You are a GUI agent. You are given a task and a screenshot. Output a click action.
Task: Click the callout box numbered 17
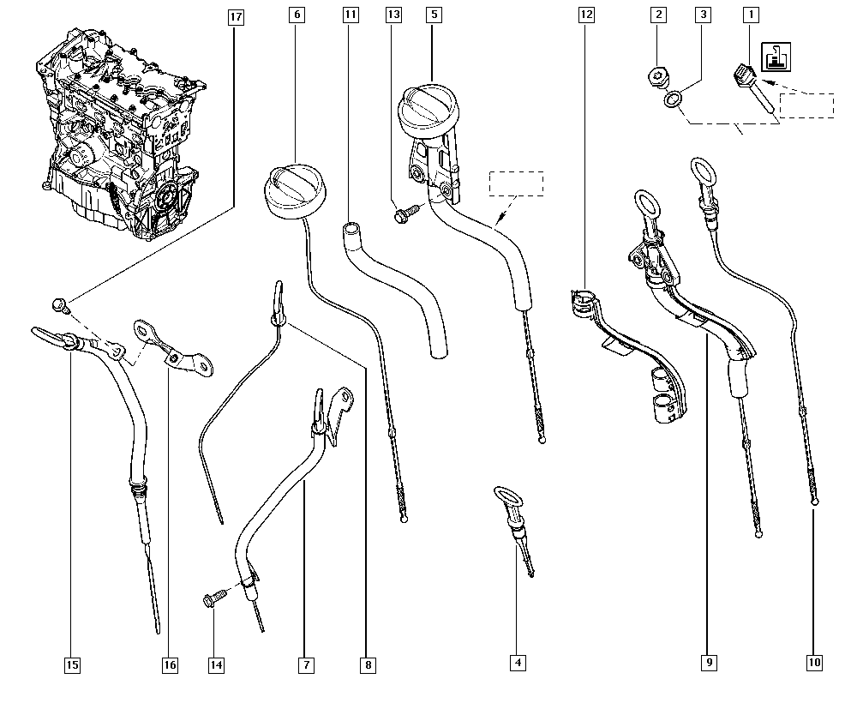(x=236, y=15)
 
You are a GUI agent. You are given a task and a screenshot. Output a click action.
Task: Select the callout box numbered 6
(x=297, y=15)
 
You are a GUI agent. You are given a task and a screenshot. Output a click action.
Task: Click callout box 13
(x=393, y=15)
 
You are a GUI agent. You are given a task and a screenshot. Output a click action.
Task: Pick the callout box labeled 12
(x=587, y=15)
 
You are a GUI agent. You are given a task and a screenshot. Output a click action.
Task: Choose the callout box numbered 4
(x=517, y=662)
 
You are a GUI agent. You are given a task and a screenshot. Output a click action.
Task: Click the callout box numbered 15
(x=72, y=664)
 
